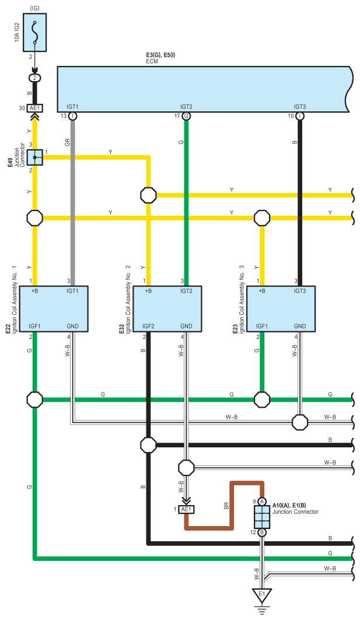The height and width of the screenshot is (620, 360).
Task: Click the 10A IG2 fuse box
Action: tap(34, 33)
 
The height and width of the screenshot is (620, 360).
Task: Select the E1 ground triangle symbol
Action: tap(262, 596)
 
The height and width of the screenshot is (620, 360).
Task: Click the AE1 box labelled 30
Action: tap(34, 108)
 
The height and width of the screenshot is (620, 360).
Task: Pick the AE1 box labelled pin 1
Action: tap(186, 509)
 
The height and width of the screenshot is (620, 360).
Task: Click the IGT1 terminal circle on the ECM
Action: tap(73, 116)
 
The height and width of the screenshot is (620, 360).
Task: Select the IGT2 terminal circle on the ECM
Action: tap(186, 116)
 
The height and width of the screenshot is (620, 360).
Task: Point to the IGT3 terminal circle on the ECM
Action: tap(299, 116)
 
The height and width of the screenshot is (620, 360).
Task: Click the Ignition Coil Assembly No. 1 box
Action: tap(54, 309)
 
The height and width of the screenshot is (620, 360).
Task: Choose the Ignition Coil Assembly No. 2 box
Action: tap(168, 309)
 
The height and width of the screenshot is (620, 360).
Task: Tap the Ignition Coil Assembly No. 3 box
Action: tap(281, 309)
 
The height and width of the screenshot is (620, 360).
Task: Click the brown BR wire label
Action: tap(226, 506)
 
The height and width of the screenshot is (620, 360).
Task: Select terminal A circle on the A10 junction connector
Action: tap(262, 502)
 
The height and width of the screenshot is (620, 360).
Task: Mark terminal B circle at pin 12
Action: tap(262, 532)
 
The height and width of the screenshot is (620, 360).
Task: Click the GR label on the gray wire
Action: tap(68, 142)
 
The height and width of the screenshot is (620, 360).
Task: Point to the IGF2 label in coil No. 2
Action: tap(148, 326)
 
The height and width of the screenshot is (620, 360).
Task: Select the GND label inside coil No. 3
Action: tap(299, 326)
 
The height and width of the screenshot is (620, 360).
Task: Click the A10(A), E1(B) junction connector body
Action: tap(262, 516)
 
